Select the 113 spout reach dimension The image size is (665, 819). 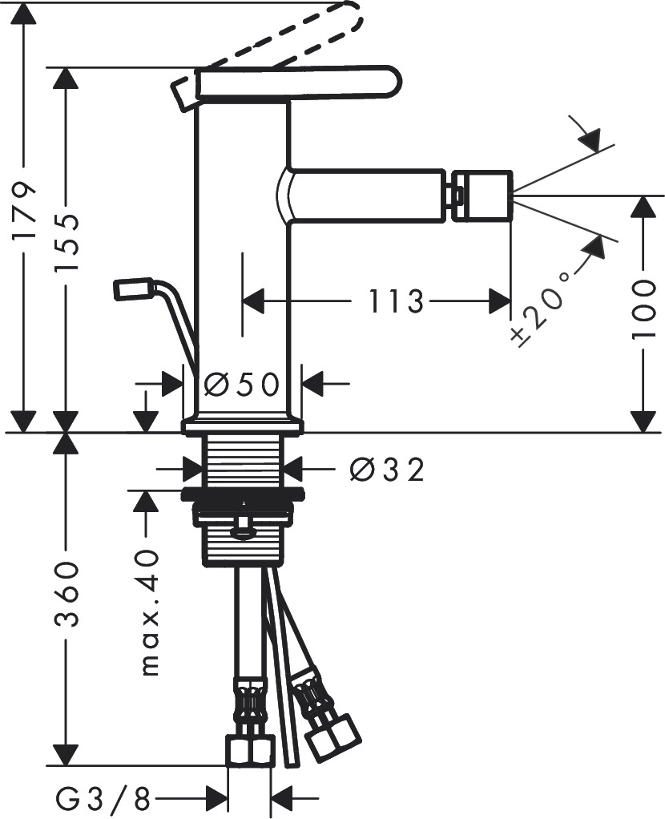click(x=396, y=302)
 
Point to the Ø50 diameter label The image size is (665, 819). click(x=241, y=384)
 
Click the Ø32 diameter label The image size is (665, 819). click(x=386, y=470)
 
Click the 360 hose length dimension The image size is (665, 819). click(x=67, y=595)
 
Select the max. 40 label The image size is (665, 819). click(x=148, y=612)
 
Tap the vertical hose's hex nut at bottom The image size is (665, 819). click(x=250, y=752)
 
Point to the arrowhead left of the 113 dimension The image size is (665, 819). click(x=253, y=302)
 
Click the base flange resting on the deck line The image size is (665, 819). click(x=243, y=425)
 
